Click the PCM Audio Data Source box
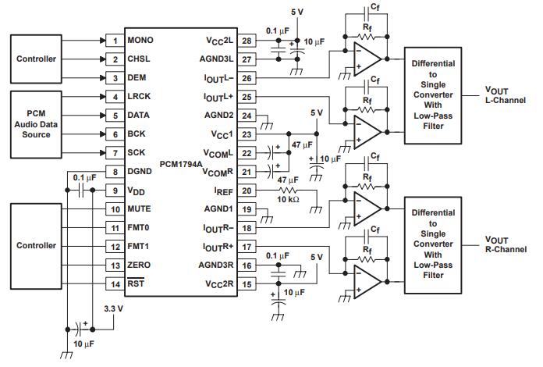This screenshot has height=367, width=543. coord(37,116)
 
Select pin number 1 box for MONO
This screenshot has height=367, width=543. coord(115,40)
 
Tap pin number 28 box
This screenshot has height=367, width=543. coord(247,40)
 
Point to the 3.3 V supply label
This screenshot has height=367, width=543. coord(114,309)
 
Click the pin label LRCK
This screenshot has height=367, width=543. coord(139,97)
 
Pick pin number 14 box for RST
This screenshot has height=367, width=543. coord(115,284)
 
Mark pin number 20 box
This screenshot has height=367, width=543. coord(247,191)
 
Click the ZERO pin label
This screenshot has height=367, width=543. coord(140,265)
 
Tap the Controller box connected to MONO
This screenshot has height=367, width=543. coord(37,59)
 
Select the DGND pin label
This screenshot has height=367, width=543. coord(140,172)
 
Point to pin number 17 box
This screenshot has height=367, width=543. coord(247,247)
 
